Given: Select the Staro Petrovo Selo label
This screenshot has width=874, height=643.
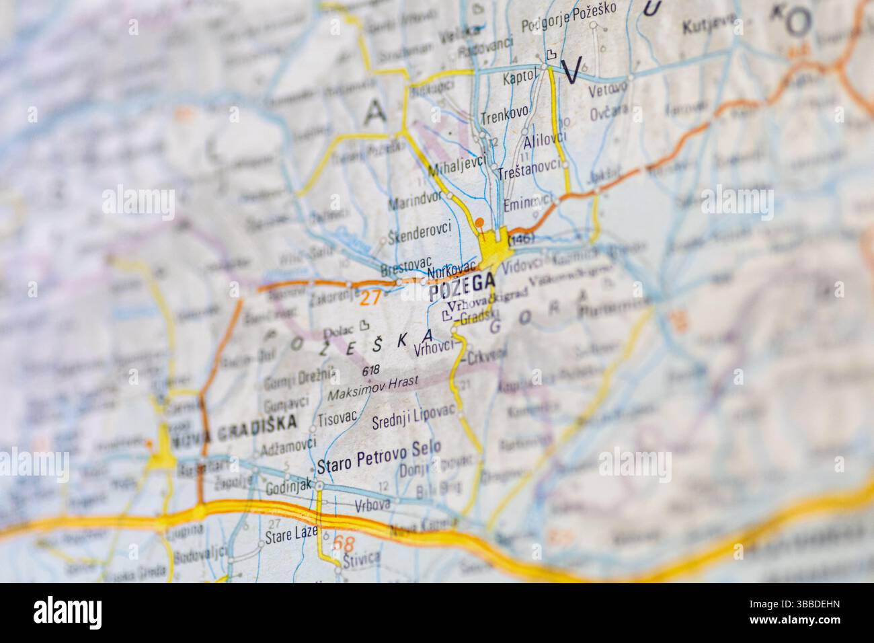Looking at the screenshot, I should pyautogui.click(x=379, y=465).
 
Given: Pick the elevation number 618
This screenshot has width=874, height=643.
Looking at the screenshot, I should pyautogui.click(x=370, y=370).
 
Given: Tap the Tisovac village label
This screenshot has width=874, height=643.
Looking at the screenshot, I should pyautogui.click(x=337, y=417).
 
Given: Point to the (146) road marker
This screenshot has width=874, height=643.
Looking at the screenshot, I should pyautogui.click(x=521, y=239).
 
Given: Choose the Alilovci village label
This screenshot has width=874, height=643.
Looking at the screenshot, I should pyautogui.click(x=545, y=138).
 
